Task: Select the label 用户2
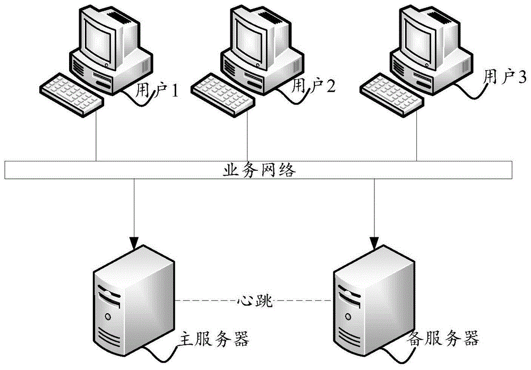314,85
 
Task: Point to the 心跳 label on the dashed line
254,302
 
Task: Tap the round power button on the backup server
348,316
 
